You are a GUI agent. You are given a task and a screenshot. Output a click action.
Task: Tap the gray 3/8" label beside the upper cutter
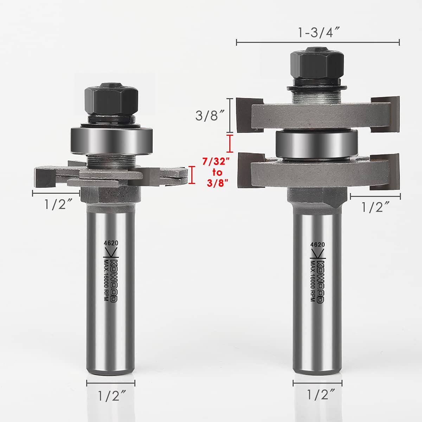tap(210, 115)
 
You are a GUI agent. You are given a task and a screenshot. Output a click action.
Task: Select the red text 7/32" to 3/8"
tap(217, 172)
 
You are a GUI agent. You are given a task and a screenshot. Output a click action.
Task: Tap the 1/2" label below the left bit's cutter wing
tap(58, 204)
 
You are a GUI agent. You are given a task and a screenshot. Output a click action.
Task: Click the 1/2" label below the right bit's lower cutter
tap(375, 207)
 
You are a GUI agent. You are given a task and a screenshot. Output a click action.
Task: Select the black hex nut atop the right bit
tap(317, 65)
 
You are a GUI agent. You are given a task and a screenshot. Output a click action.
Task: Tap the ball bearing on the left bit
tap(111, 141)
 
